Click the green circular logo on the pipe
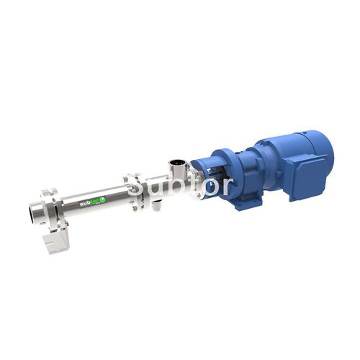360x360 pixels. pos(102,199)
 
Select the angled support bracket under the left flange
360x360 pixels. pos(55,240)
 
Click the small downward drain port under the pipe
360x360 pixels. pos(156,206)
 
